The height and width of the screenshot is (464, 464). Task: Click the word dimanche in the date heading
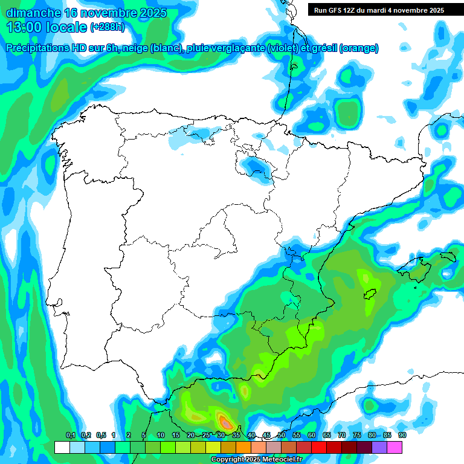click(30, 13)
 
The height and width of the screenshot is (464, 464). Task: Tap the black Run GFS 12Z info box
click(378, 10)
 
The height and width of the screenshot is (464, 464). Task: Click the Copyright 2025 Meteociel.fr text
click(256, 460)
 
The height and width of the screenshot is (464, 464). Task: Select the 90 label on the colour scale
click(402, 435)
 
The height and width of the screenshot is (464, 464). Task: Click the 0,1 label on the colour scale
click(70, 435)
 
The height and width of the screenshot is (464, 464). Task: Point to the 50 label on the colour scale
click(281, 435)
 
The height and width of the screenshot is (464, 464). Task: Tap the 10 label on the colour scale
click(160, 435)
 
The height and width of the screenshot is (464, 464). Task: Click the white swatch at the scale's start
click(62, 447)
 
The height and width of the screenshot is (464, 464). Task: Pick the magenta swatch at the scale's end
click(395, 447)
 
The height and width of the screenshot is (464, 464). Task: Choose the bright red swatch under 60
click(318, 447)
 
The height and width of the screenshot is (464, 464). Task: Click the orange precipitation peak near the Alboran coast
click(225, 421)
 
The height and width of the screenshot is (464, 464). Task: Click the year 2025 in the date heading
click(154, 13)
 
